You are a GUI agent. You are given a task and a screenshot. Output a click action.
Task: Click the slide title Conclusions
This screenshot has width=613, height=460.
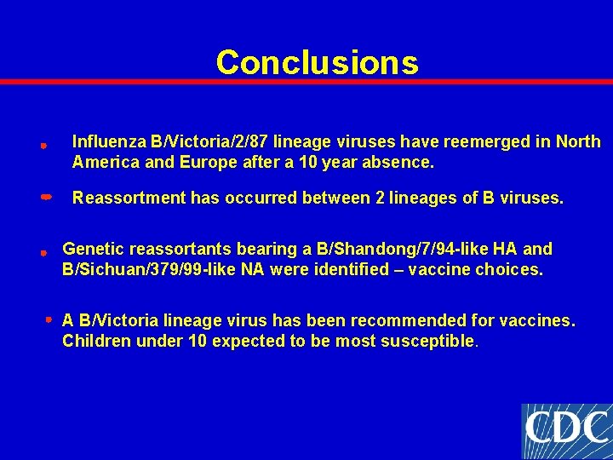(x=317, y=62)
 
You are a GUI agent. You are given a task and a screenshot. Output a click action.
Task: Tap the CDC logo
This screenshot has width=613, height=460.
(x=566, y=431)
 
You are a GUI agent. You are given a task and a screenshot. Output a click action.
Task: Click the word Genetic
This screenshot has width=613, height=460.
(x=91, y=249)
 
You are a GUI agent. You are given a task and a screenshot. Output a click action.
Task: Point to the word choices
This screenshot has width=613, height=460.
(x=513, y=270)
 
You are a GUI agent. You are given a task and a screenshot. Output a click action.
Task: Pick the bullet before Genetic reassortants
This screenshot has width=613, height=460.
(x=42, y=253)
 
